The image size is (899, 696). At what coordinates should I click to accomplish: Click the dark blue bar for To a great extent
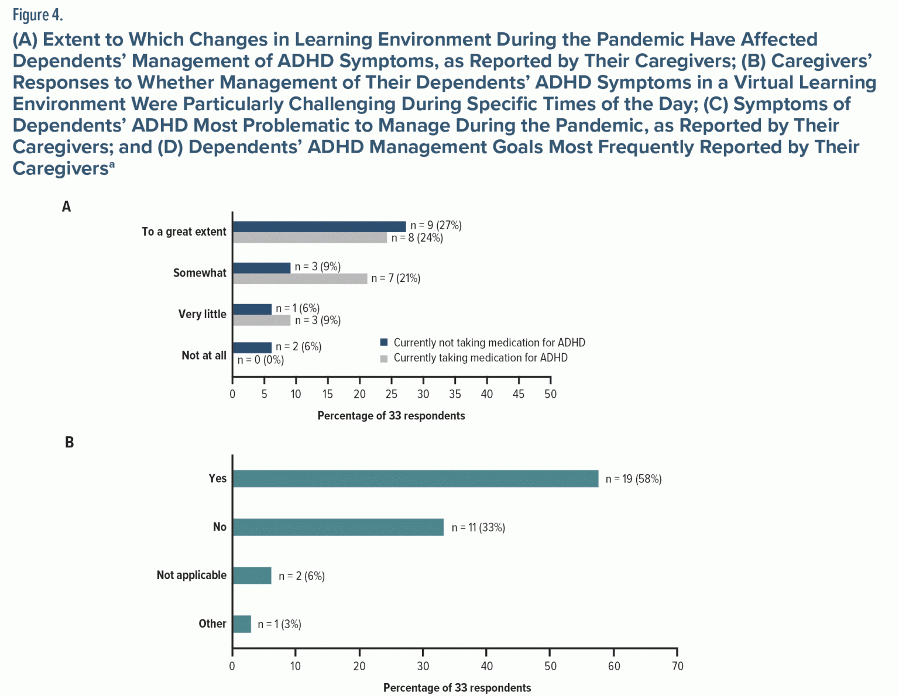point(319,226)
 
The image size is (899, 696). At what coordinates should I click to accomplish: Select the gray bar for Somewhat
point(300,279)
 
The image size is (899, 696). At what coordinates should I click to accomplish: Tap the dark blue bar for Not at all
point(252,347)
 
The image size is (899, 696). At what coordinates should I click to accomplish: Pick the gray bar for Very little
point(261,321)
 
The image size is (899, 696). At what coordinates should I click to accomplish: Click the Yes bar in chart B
point(415,478)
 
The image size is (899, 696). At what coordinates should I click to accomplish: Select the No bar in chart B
point(338,527)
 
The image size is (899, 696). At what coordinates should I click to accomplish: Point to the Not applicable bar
point(252,576)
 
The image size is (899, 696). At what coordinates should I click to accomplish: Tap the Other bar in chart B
point(242,624)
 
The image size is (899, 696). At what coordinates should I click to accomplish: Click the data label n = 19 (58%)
point(633,479)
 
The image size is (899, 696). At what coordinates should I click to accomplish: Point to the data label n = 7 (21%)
point(396,278)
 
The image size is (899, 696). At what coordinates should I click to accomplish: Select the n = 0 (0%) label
point(260,360)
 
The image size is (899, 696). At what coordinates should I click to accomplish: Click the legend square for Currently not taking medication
point(384,342)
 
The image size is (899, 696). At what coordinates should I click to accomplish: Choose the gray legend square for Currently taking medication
point(384,358)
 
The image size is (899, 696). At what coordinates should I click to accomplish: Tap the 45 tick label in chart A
point(518,394)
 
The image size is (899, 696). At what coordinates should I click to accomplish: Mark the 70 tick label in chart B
point(677,666)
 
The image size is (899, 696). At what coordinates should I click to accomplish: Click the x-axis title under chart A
point(391,416)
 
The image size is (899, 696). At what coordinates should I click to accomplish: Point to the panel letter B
point(69,442)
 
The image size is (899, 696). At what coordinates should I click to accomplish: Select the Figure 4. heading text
point(37,14)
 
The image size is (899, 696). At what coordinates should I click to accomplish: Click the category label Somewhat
point(200,273)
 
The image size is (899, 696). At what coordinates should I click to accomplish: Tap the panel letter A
point(67,206)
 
